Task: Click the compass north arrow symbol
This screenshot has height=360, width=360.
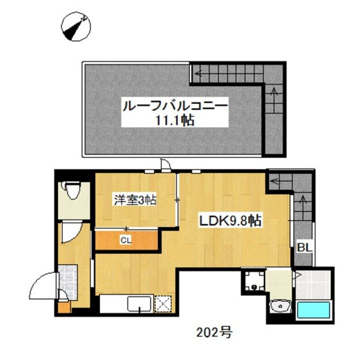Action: click(75, 27)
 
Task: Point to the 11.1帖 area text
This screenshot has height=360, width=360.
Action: click(174, 120)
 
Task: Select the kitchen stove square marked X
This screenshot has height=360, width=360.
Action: click(162, 303)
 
